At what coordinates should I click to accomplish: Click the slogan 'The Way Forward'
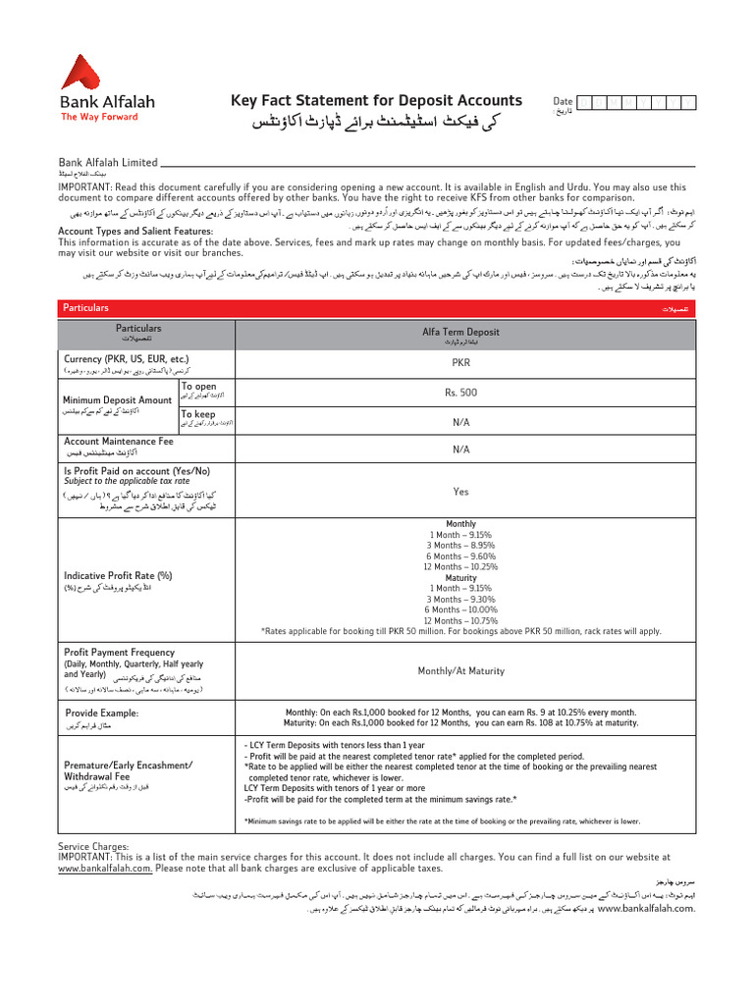click(x=99, y=117)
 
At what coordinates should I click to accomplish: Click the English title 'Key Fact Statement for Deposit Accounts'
click(x=376, y=100)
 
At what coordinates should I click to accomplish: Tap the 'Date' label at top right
click(x=563, y=101)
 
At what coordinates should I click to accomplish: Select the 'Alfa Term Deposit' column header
click(x=460, y=333)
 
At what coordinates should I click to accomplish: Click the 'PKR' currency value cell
click(x=460, y=362)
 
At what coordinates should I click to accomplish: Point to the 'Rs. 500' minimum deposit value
click(x=460, y=393)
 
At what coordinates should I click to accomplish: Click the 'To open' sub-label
click(x=198, y=387)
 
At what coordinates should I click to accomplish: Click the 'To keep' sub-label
click(x=198, y=414)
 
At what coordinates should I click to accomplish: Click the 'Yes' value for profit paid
click(x=460, y=492)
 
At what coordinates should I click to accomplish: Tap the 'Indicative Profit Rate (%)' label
click(x=118, y=575)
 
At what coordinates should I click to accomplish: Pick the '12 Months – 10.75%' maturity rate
click(x=460, y=620)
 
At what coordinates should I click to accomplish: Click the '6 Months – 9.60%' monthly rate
click(x=460, y=555)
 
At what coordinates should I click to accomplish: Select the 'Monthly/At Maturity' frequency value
click(x=460, y=671)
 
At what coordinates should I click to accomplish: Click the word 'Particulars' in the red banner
click(x=85, y=308)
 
